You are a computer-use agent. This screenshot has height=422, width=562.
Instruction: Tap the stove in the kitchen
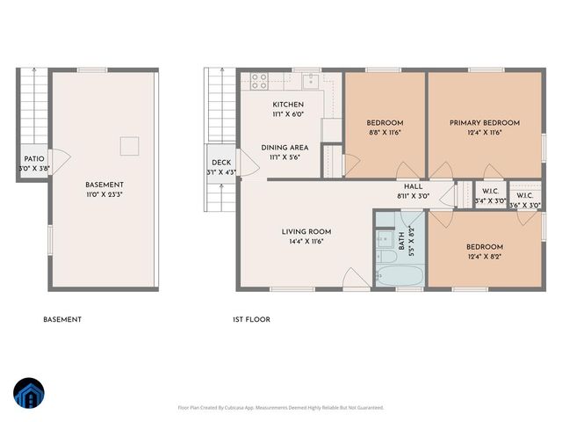point(259,82)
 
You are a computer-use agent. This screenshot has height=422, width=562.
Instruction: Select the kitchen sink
point(311,82)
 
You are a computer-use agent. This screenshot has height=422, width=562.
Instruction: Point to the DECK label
point(220,163)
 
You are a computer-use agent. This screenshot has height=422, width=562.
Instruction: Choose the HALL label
point(413,186)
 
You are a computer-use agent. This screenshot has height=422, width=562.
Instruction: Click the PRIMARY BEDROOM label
point(485,122)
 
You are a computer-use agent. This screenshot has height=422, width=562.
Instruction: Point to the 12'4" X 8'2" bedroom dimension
point(484,257)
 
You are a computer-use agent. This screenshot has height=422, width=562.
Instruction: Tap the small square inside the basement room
point(129,145)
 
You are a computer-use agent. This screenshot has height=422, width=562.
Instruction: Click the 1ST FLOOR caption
point(252,320)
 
